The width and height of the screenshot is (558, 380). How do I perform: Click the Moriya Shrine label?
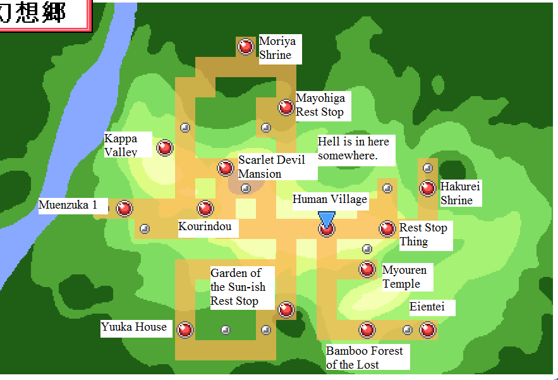tap(278, 49)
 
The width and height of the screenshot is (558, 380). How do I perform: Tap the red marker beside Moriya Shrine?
tap(246, 46)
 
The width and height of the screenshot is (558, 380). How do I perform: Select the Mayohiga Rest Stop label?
tap(320, 106)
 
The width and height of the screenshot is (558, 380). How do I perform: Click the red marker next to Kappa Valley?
tap(165, 148)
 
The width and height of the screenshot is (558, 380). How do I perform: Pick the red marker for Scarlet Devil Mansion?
tap(226, 168)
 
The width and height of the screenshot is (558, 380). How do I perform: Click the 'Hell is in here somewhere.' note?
tap(355, 148)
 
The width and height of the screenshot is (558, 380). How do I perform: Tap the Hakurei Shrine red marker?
tap(428, 188)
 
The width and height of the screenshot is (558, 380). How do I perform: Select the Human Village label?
tap(329, 200)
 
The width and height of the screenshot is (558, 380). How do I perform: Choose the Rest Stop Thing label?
tap(423, 235)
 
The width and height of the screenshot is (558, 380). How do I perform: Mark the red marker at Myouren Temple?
tap(367, 269)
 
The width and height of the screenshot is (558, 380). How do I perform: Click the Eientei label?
tap(428, 308)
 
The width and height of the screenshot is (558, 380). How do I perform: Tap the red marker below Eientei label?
tap(428, 329)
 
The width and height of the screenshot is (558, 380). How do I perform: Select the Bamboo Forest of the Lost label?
tap(365, 357)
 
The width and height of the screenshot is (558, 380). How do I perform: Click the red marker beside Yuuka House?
tap(185, 329)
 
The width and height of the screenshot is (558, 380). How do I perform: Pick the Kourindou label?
tap(205, 227)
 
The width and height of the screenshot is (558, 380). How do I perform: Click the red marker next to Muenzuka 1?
tap(124, 208)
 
